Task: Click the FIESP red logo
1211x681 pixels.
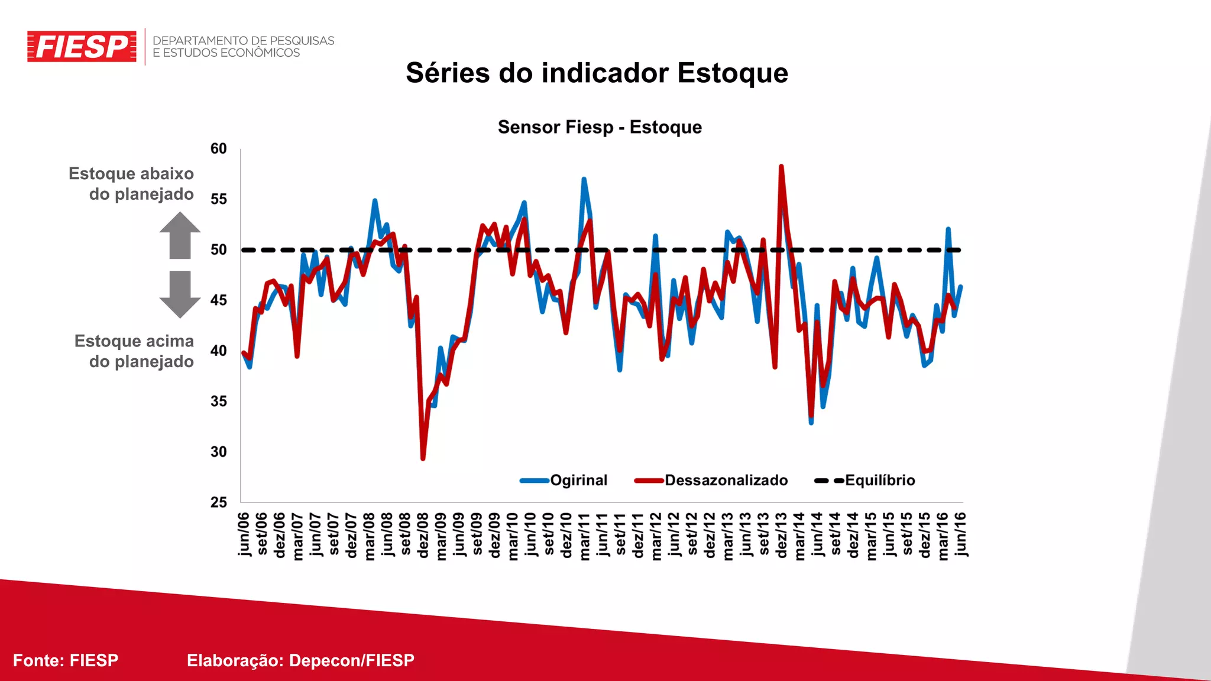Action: [x=82, y=47]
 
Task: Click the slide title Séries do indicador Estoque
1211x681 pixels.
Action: [x=597, y=73]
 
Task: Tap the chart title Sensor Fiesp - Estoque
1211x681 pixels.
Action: [x=600, y=127]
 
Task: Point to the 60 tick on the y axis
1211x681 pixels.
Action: [x=218, y=149]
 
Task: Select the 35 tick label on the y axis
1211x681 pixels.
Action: [x=218, y=401]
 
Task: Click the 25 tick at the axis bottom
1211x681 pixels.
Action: [x=218, y=502]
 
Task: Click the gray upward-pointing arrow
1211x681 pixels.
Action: [x=180, y=235]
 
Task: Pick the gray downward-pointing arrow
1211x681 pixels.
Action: [x=180, y=294]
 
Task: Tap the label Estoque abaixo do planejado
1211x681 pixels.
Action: [x=132, y=184]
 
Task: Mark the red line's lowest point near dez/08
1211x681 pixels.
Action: [x=423, y=458]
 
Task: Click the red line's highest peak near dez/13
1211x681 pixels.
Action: [x=781, y=167]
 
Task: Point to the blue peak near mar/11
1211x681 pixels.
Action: [x=584, y=179]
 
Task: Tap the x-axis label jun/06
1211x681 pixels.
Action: [x=244, y=534]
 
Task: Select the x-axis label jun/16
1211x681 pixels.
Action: [x=960, y=534]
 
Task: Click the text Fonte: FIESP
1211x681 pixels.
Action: [x=66, y=660]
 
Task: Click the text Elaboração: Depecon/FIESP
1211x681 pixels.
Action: [x=300, y=660]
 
